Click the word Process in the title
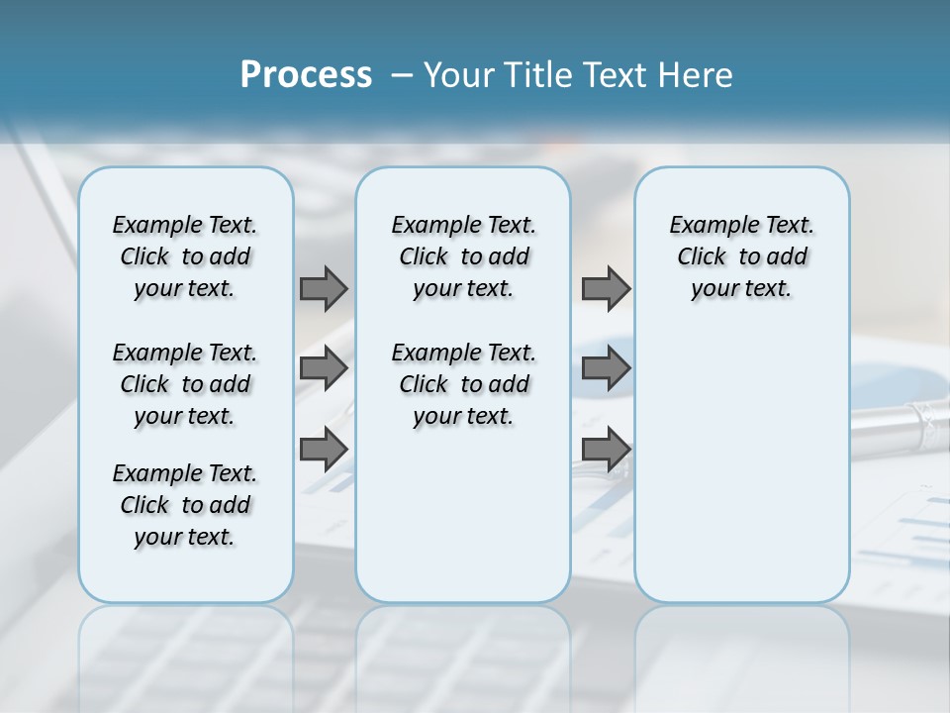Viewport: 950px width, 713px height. click(306, 75)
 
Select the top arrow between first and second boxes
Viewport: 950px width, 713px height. click(324, 288)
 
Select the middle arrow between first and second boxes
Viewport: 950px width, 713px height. click(324, 368)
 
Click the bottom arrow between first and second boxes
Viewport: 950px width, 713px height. click(324, 450)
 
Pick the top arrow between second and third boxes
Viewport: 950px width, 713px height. click(606, 288)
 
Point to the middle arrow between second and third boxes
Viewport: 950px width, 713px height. click(606, 368)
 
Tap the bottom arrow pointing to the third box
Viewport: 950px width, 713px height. click(606, 450)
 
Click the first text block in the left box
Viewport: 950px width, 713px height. click(185, 256)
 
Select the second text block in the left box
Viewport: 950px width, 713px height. click(185, 384)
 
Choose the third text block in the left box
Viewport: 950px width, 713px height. click(185, 505)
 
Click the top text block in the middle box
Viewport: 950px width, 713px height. click(463, 256)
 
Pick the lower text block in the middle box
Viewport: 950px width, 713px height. click(463, 384)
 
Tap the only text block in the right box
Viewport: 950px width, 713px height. click(741, 256)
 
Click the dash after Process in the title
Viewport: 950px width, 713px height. click(402, 76)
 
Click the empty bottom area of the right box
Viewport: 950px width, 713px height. click(741, 495)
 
